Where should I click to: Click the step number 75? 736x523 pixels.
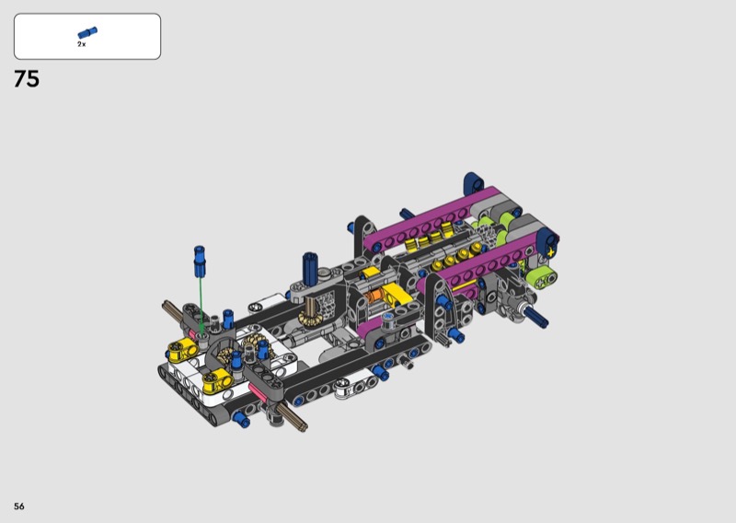click(27, 79)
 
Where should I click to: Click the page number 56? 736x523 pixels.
click(18, 506)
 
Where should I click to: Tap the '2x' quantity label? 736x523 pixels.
click(82, 44)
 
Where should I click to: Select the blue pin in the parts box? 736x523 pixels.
click(87, 32)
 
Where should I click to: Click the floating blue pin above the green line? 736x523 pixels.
click(200, 261)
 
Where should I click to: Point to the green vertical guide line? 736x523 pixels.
click(201, 305)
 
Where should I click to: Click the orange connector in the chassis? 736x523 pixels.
click(374, 296)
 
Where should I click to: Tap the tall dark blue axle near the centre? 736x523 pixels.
click(310, 268)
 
